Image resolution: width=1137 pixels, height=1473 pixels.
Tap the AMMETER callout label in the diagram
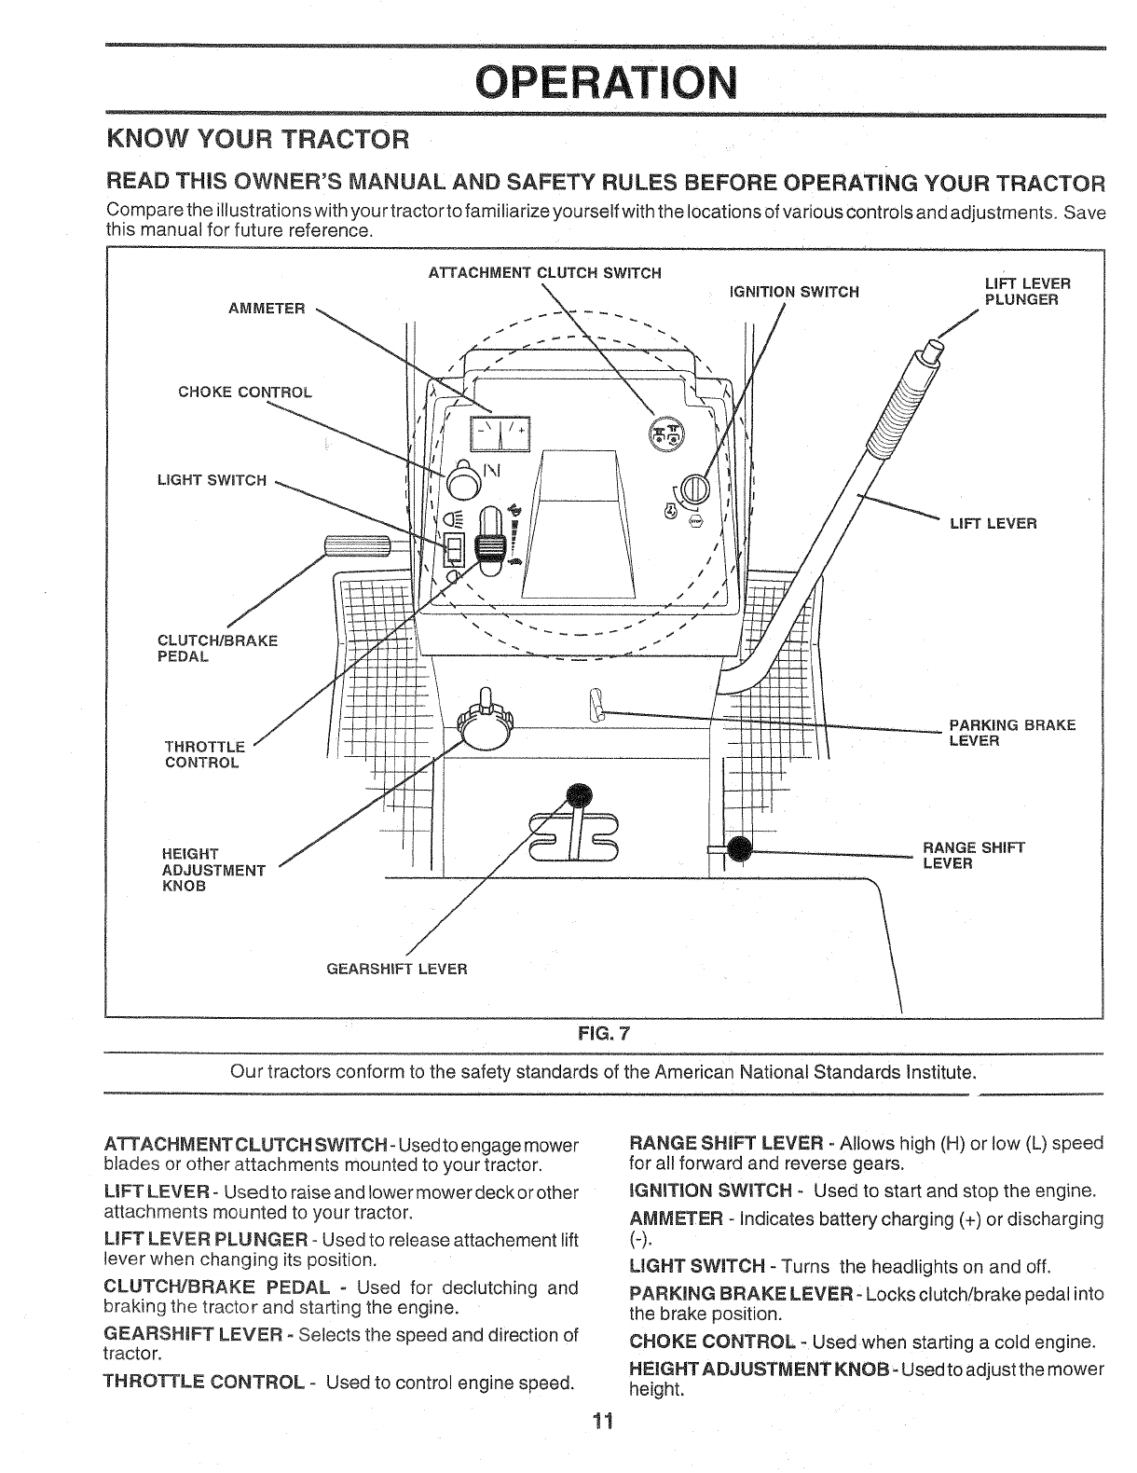tap(267, 309)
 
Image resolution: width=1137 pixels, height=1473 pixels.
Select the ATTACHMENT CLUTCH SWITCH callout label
tap(544, 273)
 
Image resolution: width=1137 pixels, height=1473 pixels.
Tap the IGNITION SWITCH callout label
tap(793, 292)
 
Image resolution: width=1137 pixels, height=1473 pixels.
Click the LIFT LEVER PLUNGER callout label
tap(1027, 291)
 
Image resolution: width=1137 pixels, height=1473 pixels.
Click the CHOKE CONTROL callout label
tap(245, 392)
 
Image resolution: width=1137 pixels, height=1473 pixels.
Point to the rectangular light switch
tap(454, 550)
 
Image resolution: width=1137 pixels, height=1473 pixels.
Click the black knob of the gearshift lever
tap(580, 794)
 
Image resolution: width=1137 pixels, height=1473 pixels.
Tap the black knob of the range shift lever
tap(741, 849)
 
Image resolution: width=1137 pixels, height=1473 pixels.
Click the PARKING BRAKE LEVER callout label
tap(1012, 733)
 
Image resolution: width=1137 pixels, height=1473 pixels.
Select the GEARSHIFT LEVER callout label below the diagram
tap(396, 969)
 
